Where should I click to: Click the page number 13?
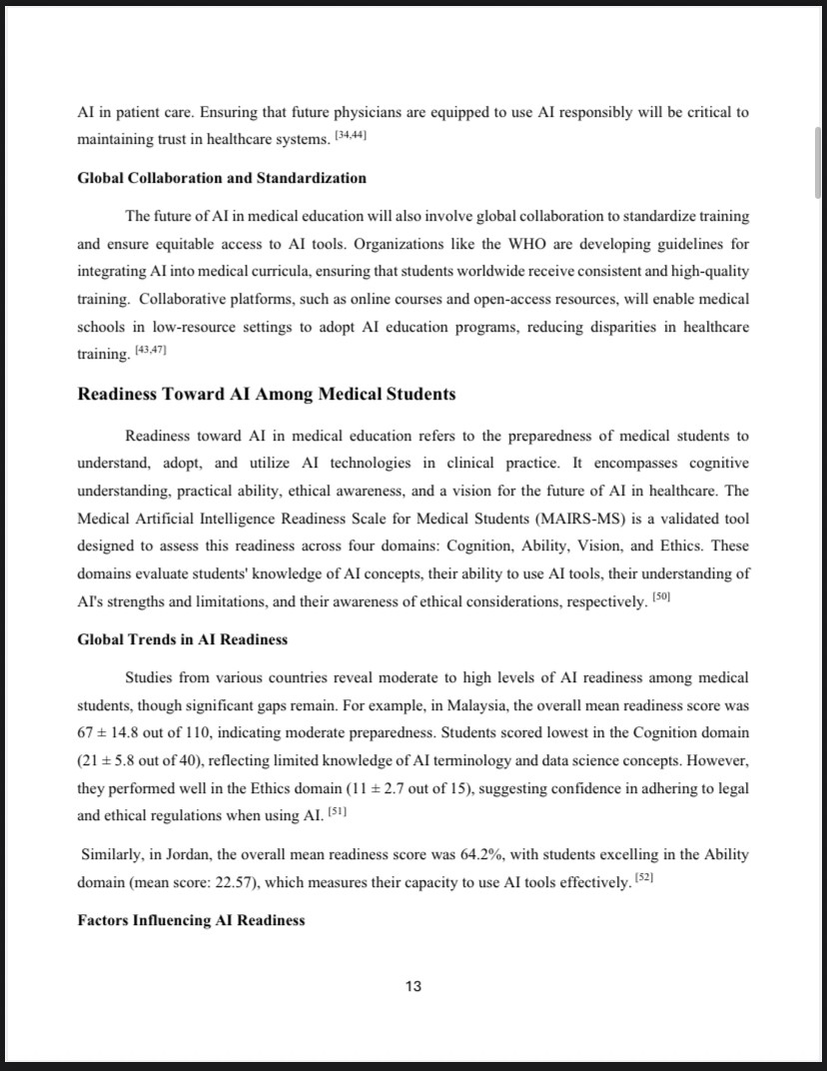[x=413, y=987]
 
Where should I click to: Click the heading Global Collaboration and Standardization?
[x=222, y=178]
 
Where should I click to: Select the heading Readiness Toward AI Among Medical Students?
[x=267, y=394]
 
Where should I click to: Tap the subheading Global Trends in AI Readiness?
[x=182, y=639]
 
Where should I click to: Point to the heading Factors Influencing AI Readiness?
[x=191, y=920]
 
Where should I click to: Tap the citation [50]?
[x=660, y=596]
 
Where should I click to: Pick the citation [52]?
[x=644, y=878]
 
